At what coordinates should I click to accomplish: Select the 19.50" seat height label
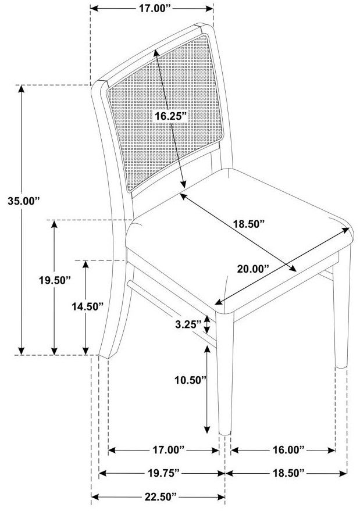click(55, 280)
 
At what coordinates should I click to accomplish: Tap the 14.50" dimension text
click(87, 306)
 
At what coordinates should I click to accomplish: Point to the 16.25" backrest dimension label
click(170, 116)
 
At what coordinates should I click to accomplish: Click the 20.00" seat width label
click(253, 269)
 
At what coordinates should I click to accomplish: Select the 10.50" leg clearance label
click(190, 380)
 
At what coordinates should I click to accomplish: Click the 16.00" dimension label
click(288, 450)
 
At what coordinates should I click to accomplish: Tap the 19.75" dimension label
click(163, 473)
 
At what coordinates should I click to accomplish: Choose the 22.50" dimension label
click(160, 497)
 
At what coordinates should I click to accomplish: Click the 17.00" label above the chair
click(155, 9)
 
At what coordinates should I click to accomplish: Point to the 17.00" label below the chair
click(169, 450)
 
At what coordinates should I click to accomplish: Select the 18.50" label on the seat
click(248, 224)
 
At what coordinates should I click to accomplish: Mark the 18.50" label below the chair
click(288, 473)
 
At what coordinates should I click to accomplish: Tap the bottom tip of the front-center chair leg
click(224, 434)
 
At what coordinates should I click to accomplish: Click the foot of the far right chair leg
click(341, 366)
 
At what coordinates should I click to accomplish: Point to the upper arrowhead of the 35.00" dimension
click(21, 88)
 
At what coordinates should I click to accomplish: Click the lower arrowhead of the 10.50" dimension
click(206, 431)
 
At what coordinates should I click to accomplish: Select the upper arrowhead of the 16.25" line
click(157, 53)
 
